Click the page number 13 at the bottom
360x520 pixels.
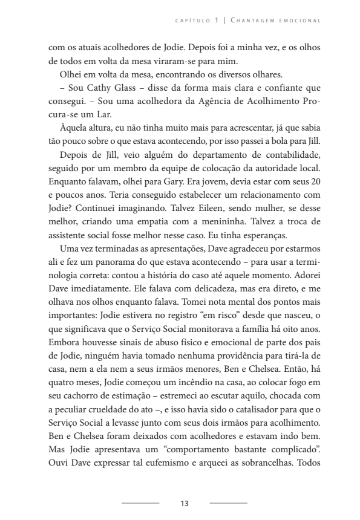pyautogui.click(x=185, y=502)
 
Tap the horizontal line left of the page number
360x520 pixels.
pyautogui.click(x=140, y=502)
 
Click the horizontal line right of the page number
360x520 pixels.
pyautogui.click(x=229, y=502)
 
